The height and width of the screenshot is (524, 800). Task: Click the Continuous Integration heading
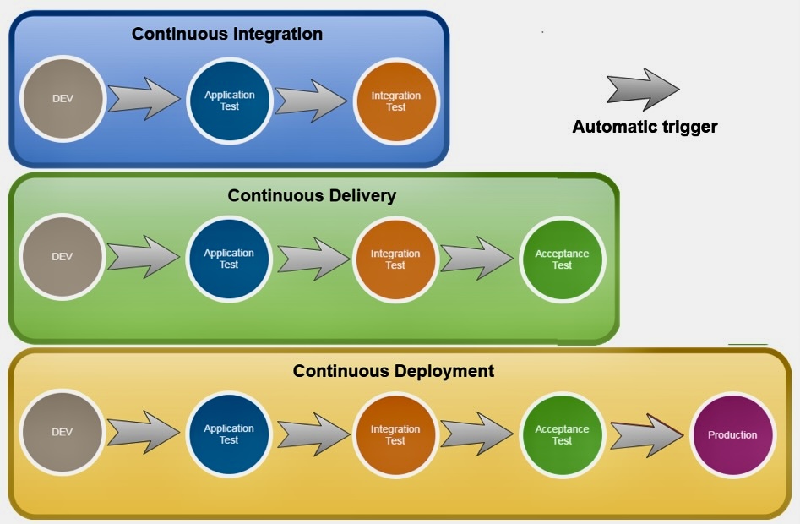pyautogui.click(x=227, y=34)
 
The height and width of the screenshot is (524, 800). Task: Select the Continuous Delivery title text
pyautogui.click(x=312, y=195)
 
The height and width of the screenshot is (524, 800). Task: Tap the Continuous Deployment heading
pyautogui.click(x=394, y=371)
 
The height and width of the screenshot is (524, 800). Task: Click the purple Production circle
pyautogui.click(x=732, y=434)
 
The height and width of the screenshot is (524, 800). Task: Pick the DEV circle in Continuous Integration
pyautogui.click(x=63, y=99)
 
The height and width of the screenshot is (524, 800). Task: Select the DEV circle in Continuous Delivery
pyautogui.click(x=62, y=257)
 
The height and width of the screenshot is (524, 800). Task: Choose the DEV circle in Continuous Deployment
pyautogui.click(x=62, y=432)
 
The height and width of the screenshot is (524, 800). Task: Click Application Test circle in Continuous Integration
pyautogui.click(x=229, y=101)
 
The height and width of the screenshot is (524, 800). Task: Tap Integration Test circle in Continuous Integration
pyautogui.click(x=396, y=101)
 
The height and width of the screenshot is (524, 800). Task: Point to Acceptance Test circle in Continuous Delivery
pyautogui.click(x=562, y=259)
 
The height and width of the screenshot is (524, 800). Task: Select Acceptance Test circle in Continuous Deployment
pyautogui.click(x=562, y=434)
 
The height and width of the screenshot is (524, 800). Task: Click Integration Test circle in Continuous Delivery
pyautogui.click(x=395, y=259)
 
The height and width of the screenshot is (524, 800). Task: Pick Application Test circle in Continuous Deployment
pyautogui.click(x=229, y=434)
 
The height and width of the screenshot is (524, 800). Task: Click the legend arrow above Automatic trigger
pyautogui.click(x=643, y=90)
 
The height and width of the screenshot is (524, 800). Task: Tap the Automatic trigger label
pyautogui.click(x=645, y=127)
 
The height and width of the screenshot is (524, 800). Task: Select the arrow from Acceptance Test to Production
pyautogui.click(x=647, y=435)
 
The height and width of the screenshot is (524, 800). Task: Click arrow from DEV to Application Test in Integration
pyautogui.click(x=144, y=99)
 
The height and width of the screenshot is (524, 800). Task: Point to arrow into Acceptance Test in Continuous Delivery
pyautogui.click(x=476, y=258)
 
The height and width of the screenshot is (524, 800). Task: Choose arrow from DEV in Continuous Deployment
pyautogui.click(x=144, y=432)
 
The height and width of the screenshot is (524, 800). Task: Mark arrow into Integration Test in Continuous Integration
pyautogui.click(x=311, y=101)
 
